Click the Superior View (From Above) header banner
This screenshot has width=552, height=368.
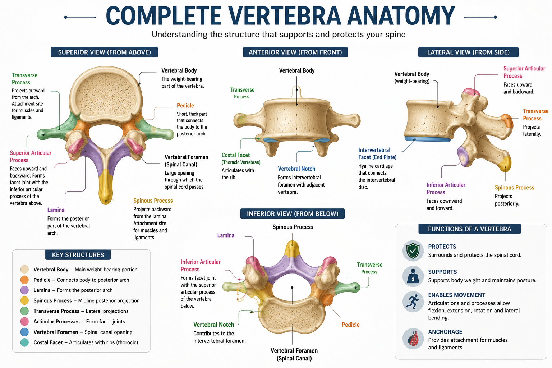[x=104, y=52]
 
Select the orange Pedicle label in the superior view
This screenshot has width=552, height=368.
[x=185, y=106]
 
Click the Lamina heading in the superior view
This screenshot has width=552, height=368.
[x=56, y=210]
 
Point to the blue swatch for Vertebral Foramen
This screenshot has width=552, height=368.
[x=24, y=332]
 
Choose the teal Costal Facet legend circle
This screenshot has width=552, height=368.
[x=24, y=342]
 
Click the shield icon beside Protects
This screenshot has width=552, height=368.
[x=413, y=251]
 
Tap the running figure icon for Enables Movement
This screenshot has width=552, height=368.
[x=413, y=302]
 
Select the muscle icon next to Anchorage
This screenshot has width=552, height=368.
[x=413, y=339]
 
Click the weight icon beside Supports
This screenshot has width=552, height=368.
[x=413, y=276]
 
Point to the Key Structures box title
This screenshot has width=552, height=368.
[x=78, y=255]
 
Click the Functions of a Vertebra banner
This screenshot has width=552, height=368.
[x=469, y=229]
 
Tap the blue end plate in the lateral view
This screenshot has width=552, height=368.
[x=428, y=139]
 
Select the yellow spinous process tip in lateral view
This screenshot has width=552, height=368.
[x=505, y=163]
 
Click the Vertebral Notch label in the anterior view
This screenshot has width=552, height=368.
[x=296, y=169]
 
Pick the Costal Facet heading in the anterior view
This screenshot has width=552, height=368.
[x=236, y=155]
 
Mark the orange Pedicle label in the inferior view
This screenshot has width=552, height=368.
[x=350, y=325]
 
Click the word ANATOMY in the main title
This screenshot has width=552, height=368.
[x=401, y=16]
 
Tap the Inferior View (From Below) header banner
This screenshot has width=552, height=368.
[x=293, y=214]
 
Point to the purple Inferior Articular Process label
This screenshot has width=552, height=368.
[x=446, y=189]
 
